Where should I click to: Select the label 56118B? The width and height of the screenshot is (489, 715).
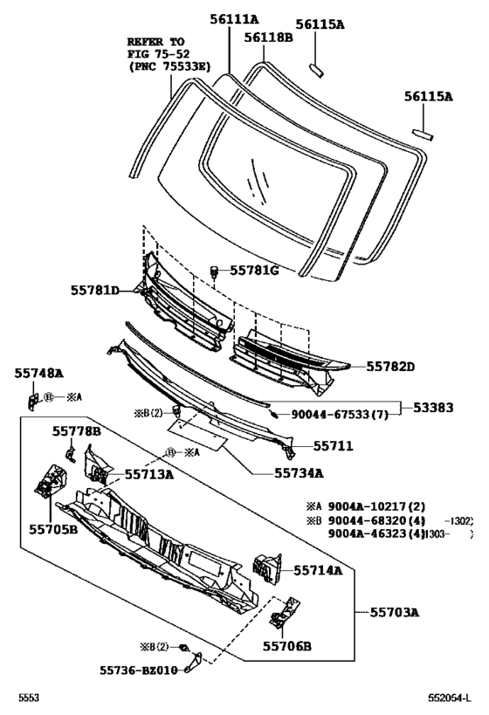267,37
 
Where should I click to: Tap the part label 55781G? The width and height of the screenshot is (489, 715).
254,271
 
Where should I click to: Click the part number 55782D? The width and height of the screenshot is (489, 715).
389,367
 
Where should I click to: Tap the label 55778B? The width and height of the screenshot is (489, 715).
76,430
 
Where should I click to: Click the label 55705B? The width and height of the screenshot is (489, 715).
51,527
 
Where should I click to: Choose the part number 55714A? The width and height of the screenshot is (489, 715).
317,570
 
